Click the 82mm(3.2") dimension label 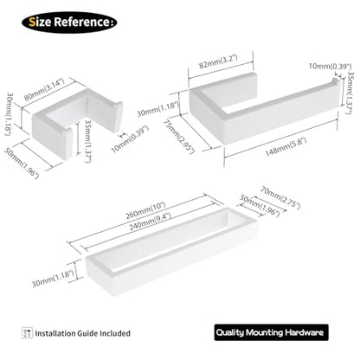pyautogui.click(x=218, y=61)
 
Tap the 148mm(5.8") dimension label pyautogui.click(x=286, y=147)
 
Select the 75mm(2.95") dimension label pyautogui.click(x=179, y=137)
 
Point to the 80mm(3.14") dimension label pyautogui.click(x=44, y=89)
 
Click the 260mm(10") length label pyautogui.click(x=145, y=210)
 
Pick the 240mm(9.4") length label pyautogui.click(x=150, y=222)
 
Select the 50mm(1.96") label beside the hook pyautogui.click(x=21, y=163)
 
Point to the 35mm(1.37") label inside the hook pyautogui.click(x=87, y=141)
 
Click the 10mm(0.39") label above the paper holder pyautogui.click(x=330, y=66)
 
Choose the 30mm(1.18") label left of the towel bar pyautogui.click(x=53, y=278)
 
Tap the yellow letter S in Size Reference pyautogui.click(x=32, y=22)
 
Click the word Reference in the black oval pyautogui.click(x=82, y=22)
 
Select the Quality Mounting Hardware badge pyautogui.click(x=271, y=332)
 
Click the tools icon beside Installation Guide pyautogui.click(x=27, y=332)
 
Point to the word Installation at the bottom pyautogui.click(x=55, y=333)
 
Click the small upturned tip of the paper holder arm pyautogui.click(x=337, y=80)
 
